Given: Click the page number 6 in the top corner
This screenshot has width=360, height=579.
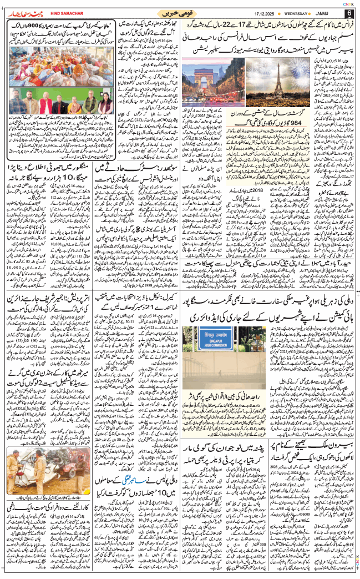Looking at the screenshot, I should point(349,13).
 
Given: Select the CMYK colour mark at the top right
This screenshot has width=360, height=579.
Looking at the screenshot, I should point(348,3).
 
